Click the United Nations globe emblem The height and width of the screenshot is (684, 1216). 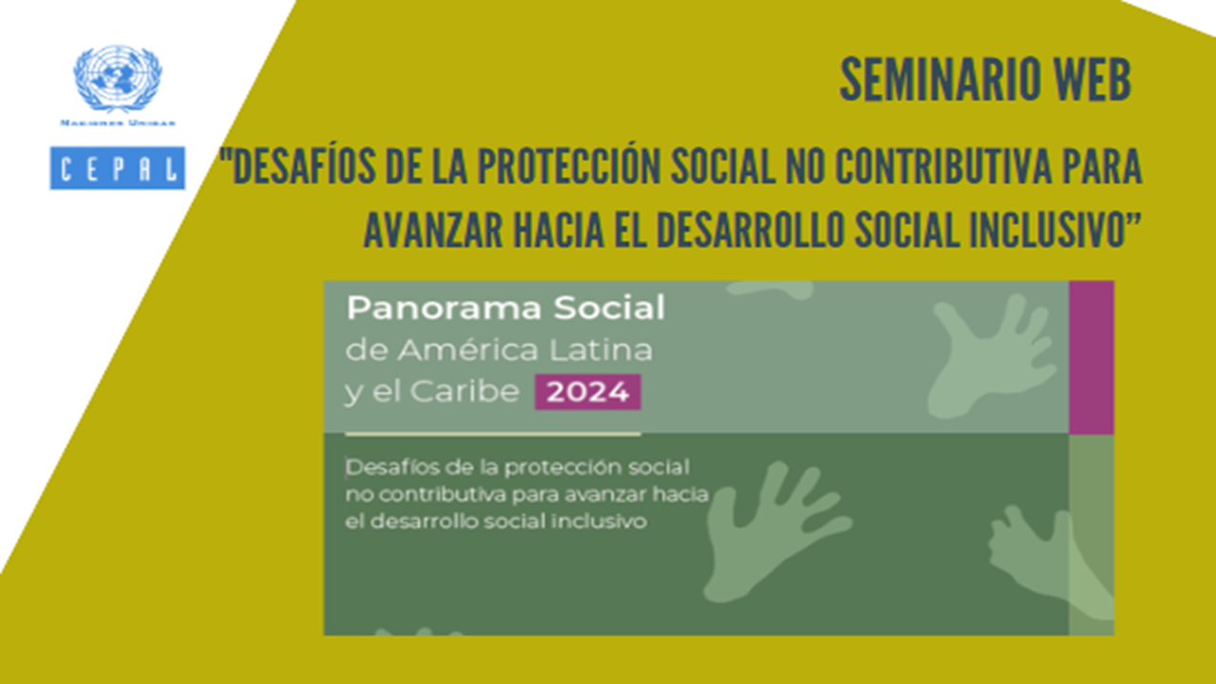[x=118, y=78]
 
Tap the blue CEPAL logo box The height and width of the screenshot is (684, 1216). [x=117, y=168]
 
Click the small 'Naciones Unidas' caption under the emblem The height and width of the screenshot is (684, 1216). [x=118, y=123]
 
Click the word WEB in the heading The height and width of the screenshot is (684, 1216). [x=1092, y=80]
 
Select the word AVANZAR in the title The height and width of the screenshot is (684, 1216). [x=433, y=230]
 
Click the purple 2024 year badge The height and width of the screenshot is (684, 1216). [x=588, y=392]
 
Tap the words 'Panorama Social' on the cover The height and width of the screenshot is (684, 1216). [x=505, y=308]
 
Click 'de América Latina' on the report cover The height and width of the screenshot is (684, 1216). [x=499, y=351]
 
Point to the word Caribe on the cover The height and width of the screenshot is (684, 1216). [x=465, y=391]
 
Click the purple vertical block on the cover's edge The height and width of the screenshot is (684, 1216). [x=1092, y=357]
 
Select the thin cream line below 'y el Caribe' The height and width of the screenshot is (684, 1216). [x=493, y=434]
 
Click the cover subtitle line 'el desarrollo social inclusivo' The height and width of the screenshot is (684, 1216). [x=496, y=522]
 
